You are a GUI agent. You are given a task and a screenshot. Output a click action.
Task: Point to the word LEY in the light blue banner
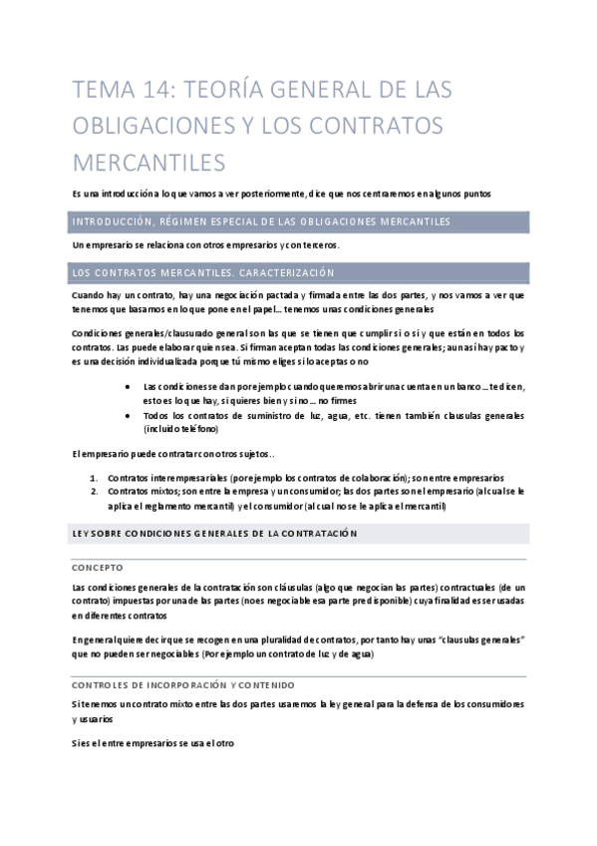(x=81, y=535)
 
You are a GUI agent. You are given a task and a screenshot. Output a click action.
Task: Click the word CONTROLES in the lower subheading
(x=100, y=684)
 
